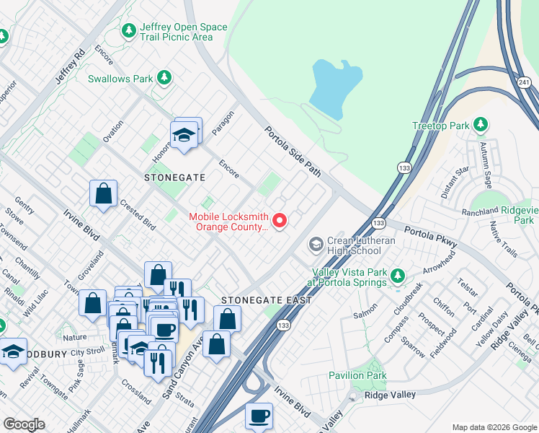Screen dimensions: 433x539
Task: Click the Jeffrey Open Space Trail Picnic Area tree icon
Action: [x=129, y=30]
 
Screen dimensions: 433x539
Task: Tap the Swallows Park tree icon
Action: [x=165, y=76]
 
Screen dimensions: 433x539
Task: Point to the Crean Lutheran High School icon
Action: [x=316, y=245]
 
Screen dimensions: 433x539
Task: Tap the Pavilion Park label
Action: [x=357, y=375]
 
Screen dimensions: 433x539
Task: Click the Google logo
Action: [x=24, y=424]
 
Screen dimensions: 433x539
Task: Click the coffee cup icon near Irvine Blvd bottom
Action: [x=259, y=416]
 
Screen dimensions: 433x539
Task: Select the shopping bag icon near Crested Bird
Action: [x=104, y=193]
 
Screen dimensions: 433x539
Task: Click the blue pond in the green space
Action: [x=336, y=88]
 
